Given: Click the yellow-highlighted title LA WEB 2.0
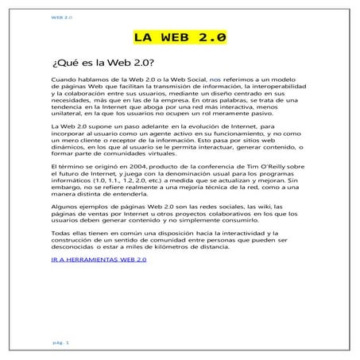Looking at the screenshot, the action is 180,37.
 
